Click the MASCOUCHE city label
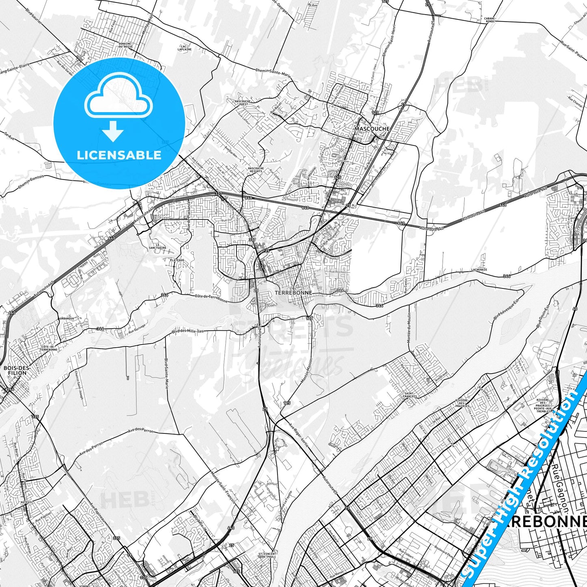pos(372,129)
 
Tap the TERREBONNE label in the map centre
pos(293,292)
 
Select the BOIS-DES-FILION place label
pos(17,370)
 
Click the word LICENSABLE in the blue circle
pos(119,155)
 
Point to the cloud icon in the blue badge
pos(118,97)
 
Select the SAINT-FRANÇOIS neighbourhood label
pos(410,394)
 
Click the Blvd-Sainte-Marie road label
pos(166,373)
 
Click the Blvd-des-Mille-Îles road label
pos(187,331)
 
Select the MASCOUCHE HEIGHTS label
pos(256,170)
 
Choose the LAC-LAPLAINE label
pos(184,48)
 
